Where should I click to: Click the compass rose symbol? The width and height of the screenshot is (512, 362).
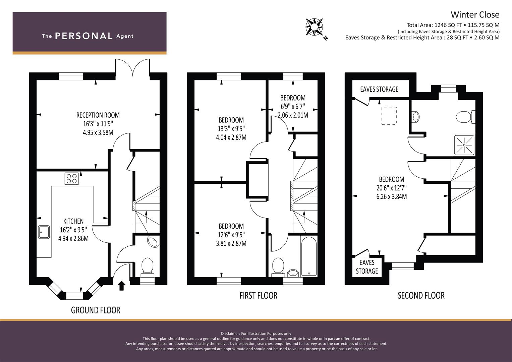click(314, 27)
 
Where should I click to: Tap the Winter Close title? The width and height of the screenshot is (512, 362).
click(475, 15)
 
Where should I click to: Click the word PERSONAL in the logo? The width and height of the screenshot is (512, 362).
click(84, 36)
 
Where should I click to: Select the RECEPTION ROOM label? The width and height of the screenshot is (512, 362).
click(98, 115)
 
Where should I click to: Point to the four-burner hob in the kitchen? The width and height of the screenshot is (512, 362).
click(72, 178)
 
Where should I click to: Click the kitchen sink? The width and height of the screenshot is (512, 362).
click(44, 232)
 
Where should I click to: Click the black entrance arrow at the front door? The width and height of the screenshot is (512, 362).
click(122, 286)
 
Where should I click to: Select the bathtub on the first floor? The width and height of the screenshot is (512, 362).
click(309, 256)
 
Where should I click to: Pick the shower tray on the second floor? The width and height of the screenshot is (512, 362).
click(464, 145)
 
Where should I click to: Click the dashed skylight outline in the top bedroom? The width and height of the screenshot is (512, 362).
click(389, 116)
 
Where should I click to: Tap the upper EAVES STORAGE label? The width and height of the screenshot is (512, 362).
click(379, 89)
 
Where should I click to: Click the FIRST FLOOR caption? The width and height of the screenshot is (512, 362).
click(258, 296)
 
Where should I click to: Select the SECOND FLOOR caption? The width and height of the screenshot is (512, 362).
click(421, 296)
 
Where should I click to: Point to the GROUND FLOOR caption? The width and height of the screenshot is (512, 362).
click(96, 310)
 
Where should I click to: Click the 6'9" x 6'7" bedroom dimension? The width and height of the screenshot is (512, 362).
click(293, 107)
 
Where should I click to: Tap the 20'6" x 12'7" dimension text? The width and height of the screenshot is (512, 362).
click(392, 188)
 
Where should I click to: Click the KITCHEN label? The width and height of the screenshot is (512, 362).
click(73, 221)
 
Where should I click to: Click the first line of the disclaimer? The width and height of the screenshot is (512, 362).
click(256, 334)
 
